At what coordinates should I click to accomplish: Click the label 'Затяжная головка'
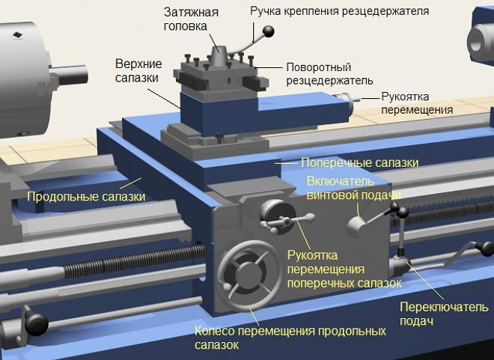(x=191, y=19)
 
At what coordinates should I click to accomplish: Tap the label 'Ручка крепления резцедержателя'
(x=339, y=11)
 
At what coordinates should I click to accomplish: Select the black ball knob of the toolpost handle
(x=269, y=31)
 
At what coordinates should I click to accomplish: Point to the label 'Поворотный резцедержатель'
(x=329, y=73)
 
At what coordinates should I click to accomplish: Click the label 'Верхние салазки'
(x=138, y=70)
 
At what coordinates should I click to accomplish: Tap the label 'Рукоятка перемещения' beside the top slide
(x=417, y=103)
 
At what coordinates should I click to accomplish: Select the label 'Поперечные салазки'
(x=359, y=163)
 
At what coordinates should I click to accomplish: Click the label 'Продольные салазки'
(x=86, y=197)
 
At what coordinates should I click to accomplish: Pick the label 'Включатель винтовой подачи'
(x=353, y=189)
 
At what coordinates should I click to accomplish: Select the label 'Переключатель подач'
(x=444, y=314)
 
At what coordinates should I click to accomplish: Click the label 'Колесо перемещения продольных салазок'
(x=290, y=338)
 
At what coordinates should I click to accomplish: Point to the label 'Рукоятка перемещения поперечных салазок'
(x=344, y=269)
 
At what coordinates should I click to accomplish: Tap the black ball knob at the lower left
(x=36, y=324)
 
